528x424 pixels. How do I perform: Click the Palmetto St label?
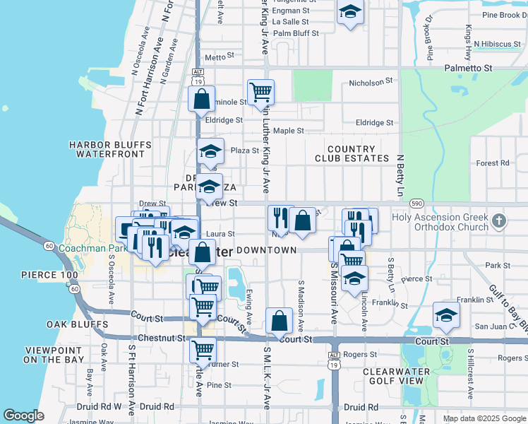click(467, 68)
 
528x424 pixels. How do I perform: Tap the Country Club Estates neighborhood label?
click(351, 154)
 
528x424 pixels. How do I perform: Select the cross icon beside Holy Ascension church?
click(499, 221)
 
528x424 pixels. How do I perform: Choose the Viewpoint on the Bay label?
click(55, 355)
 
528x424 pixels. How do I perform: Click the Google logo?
click(23, 416)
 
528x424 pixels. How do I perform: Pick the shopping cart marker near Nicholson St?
click(260, 91)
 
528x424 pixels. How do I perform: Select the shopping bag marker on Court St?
click(280, 320)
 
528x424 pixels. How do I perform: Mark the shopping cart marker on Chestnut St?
click(203, 349)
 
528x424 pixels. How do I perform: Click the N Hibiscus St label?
click(496, 44)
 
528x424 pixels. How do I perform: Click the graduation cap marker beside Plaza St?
click(209, 151)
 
